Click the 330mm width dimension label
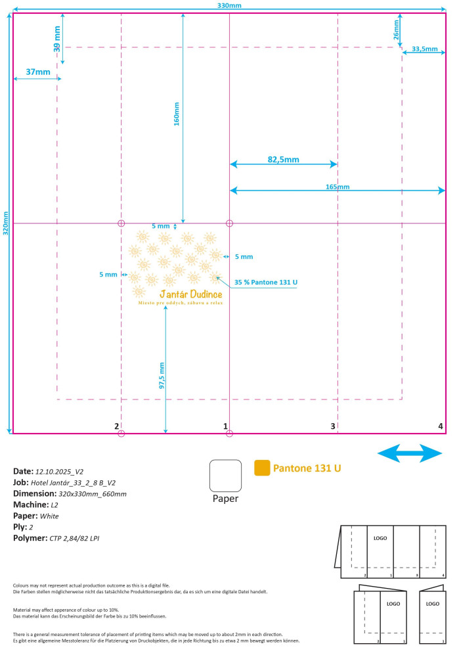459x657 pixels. pos(229,5)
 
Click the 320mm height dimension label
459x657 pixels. pos(6,223)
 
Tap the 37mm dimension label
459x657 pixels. pos(38,72)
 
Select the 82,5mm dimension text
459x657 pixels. pos(284,159)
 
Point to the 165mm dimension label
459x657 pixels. pos(338,187)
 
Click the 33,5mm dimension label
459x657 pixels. pos(425,49)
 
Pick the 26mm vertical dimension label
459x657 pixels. pos(396,30)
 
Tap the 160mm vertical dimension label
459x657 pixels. pos(177,114)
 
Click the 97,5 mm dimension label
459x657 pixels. pos(162,375)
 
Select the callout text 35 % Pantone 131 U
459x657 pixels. pos(266,283)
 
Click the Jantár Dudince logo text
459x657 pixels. pos(191,294)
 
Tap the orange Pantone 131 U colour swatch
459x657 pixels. pos(262,468)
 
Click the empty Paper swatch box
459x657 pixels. pos(225,476)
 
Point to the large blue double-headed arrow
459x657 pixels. pos(410,453)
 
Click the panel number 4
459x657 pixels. pos(441,426)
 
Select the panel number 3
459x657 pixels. pos(333,426)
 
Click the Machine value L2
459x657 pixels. pos(55,505)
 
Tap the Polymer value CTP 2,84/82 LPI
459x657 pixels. pos(75,539)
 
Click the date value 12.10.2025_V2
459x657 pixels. pos(60,472)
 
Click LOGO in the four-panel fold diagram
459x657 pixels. pos(380,538)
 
